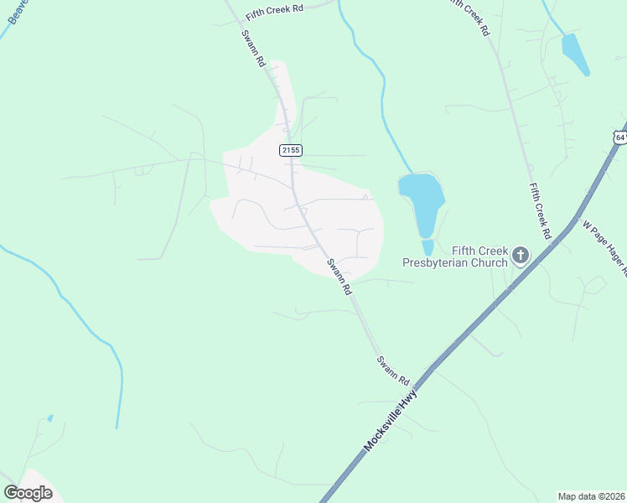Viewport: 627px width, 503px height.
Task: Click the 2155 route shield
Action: [290, 149]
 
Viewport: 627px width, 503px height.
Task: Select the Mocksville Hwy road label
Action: [390, 425]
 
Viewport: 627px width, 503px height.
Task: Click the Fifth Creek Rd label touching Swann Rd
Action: [273, 13]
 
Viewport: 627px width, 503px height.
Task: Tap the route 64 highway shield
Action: [619, 137]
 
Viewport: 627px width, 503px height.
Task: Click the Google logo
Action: [28, 492]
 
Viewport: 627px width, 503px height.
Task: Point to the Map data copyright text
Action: [592, 496]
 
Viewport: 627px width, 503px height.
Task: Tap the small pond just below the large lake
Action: [427, 247]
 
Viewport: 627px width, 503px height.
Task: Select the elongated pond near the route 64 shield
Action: [575, 54]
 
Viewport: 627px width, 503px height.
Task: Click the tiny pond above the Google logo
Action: [50, 417]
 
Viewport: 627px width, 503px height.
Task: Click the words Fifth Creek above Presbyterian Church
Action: [481, 251]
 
